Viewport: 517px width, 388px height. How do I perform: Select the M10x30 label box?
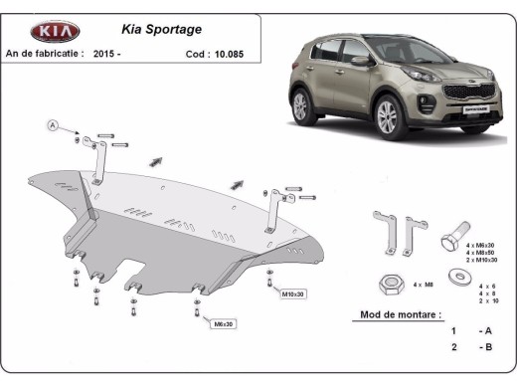(x=293, y=294)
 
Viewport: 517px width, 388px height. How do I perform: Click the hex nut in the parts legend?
(x=387, y=284)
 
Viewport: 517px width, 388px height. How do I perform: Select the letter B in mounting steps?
(x=484, y=348)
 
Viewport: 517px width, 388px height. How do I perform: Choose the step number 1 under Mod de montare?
(x=453, y=330)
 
